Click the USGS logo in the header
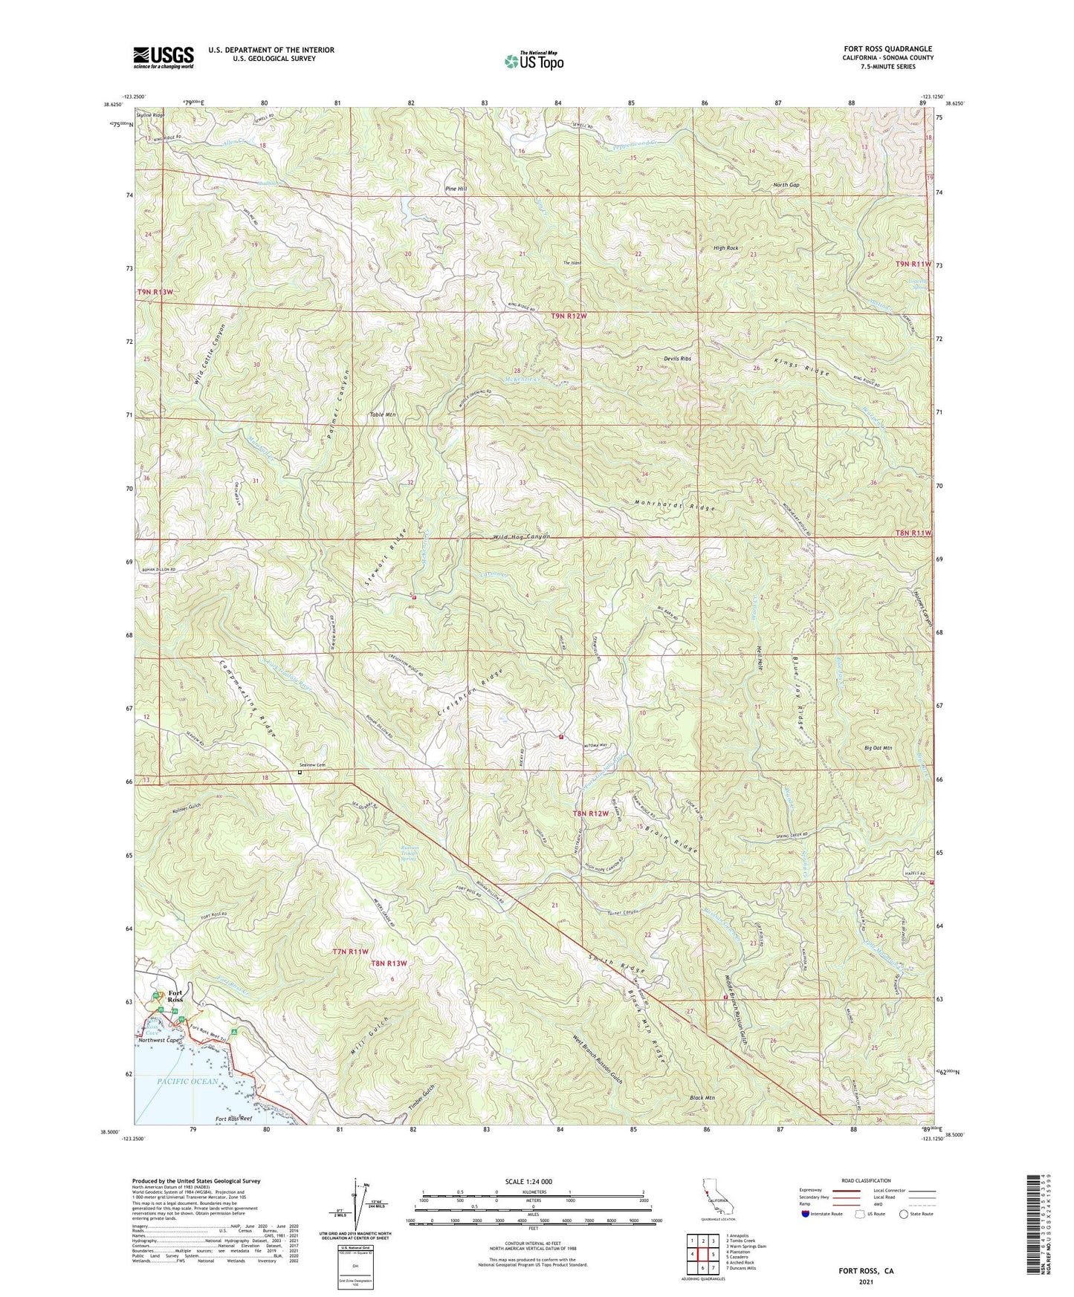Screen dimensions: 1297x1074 coord(164,56)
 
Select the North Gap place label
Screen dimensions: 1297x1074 coord(785,185)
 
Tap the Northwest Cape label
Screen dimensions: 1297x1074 coord(161,1041)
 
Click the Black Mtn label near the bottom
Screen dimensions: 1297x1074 coord(702,1098)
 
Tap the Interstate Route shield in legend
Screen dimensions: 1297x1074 coord(806,1214)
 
